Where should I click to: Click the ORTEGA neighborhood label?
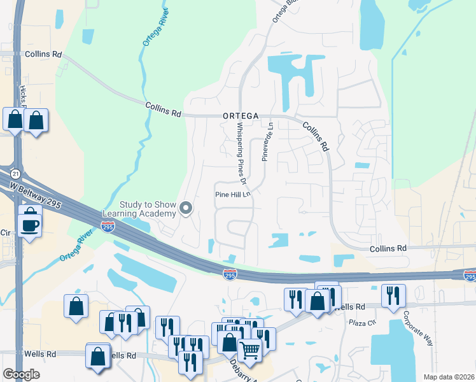tap(241, 116)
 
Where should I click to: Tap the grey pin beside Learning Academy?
tap(186, 208)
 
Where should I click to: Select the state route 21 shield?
tap(14, 174)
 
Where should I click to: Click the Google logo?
tap(21, 374)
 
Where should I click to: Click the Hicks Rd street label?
tap(23, 95)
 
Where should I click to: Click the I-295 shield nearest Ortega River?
tap(108, 226)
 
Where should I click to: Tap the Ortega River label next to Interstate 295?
tap(80, 248)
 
